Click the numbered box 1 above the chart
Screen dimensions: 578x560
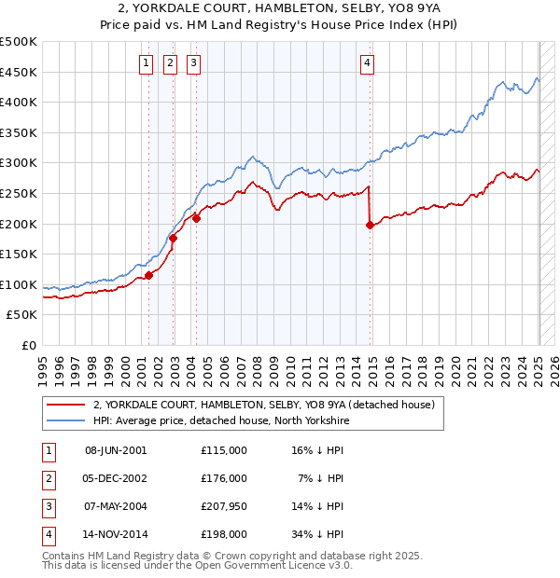coord(147,63)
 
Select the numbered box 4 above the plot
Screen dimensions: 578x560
coord(368,63)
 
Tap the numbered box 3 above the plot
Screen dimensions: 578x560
coord(193,63)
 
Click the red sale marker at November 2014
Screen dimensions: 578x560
coord(371,225)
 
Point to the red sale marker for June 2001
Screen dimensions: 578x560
coord(148,275)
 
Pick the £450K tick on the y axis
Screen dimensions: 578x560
coord(19,72)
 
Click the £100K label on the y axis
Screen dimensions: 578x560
coord(19,284)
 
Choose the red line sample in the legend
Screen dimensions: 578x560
coord(65,406)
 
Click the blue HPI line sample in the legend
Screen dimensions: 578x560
coord(65,421)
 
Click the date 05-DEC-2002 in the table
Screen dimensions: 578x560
coord(116,478)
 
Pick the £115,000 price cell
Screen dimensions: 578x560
coord(224,450)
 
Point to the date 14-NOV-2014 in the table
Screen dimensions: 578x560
coord(116,534)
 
